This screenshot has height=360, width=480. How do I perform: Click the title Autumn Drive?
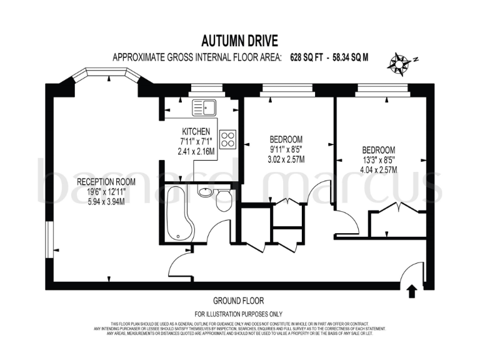(239, 41)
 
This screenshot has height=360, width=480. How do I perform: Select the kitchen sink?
(204, 107)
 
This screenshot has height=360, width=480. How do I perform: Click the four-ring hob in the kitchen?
(227, 139)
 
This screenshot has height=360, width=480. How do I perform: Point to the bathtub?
(177, 212)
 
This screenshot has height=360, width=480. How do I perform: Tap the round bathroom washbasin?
(206, 191)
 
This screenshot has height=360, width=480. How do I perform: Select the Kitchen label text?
(196, 132)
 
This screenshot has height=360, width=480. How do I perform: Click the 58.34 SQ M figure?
(351, 57)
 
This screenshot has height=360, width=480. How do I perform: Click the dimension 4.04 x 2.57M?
(379, 169)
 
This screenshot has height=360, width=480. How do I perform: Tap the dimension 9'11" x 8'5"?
(286, 149)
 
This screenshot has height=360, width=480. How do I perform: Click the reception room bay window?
(103, 76)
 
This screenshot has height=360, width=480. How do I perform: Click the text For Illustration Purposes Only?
(239, 314)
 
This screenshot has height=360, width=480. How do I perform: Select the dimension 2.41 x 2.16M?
(196, 151)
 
